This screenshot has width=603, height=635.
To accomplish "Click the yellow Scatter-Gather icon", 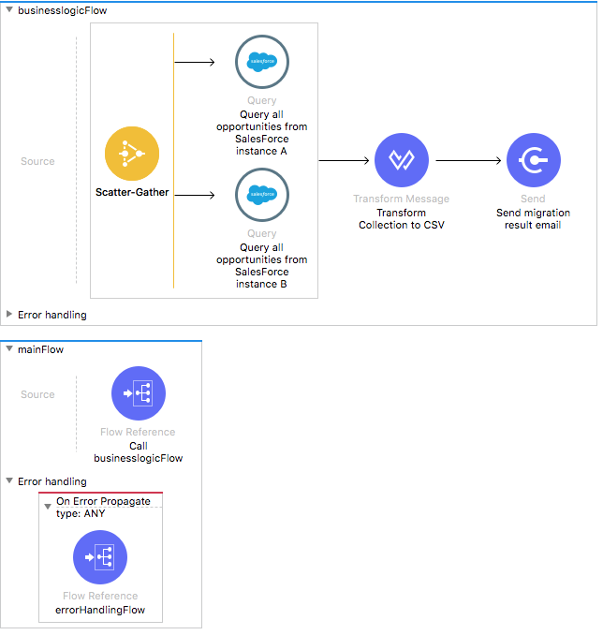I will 132,154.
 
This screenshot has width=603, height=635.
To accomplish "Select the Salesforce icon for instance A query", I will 262,62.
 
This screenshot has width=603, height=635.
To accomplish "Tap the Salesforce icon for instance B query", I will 262,195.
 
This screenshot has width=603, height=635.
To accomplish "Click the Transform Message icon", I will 401,160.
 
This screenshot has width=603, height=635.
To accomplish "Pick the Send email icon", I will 533,160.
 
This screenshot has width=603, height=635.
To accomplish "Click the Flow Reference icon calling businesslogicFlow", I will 139,393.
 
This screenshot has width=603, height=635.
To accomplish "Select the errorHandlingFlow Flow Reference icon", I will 100,557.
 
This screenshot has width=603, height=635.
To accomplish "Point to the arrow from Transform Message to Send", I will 469,160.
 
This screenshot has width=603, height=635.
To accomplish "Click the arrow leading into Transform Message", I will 345,160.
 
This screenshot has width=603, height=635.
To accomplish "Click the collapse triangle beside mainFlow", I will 9,349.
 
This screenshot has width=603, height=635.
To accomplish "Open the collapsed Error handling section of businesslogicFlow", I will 9,315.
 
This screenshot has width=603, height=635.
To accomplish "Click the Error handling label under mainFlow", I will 51,481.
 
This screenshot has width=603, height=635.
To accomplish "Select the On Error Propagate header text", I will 103,501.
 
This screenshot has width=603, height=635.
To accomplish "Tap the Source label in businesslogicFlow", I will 37,161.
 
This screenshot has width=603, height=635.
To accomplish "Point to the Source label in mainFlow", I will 37,394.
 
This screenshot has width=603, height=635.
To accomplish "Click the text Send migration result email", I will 533,219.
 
